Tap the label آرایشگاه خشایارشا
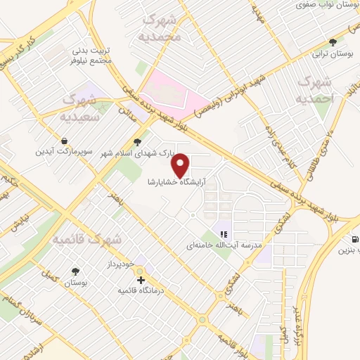click(181, 181)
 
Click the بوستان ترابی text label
click(334, 53)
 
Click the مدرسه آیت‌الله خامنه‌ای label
click(224, 246)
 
